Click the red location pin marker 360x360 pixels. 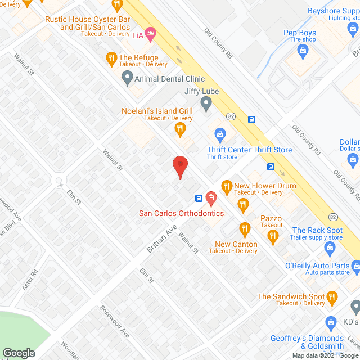tap(179, 167)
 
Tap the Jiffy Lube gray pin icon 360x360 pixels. tap(206, 103)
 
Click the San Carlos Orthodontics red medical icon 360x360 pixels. tap(211, 197)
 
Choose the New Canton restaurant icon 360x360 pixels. tap(244, 228)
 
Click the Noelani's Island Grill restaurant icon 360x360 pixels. tap(180, 129)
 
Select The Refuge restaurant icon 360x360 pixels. tap(111, 57)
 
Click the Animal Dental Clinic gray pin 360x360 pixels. tap(127, 79)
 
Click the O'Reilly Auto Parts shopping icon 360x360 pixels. tap(355, 265)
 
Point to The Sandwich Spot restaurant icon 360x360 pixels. tap(332, 296)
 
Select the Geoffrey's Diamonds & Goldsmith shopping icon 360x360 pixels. tap(331, 322)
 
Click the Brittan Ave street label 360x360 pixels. tap(162, 239)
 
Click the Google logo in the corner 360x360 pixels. tap(18, 353)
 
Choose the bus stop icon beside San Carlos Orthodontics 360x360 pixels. tap(199, 198)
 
